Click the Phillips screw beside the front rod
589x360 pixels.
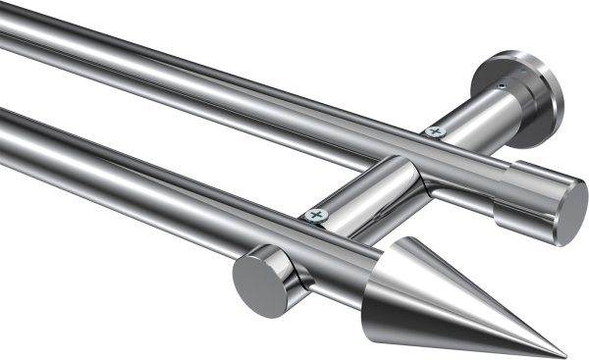pos(315,214)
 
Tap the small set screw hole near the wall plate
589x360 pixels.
pos(502,86)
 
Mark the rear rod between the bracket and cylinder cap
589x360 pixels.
pos(461,162)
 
